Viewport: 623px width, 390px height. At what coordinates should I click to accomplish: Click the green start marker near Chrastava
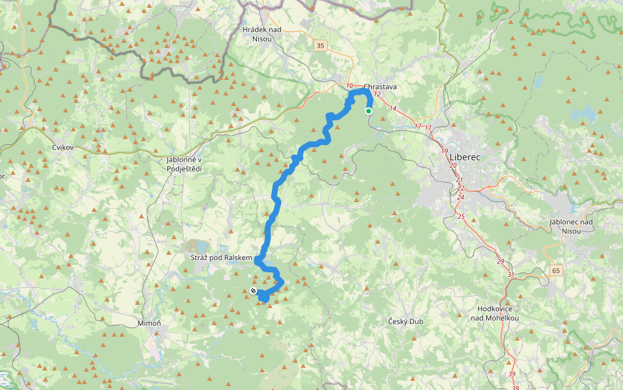point(369,111)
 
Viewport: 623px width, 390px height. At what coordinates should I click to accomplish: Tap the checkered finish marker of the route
point(252,291)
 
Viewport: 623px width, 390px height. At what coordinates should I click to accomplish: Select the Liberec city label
point(463,157)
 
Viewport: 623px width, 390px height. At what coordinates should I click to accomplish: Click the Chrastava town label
point(380,86)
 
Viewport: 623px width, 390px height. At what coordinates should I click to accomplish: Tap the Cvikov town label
point(64,148)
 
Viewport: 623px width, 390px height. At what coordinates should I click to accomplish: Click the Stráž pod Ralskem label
point(221,259)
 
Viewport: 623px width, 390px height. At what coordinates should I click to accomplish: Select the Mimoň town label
point(149,323)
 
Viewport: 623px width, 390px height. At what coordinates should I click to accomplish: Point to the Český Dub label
point(406,322)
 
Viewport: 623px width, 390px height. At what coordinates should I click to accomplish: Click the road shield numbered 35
point(320,45)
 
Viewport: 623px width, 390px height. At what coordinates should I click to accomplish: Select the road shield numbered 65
point(556,270)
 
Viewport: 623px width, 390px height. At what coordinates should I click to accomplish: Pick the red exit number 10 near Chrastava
point(350,86)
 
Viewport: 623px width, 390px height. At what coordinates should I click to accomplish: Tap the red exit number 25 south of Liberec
point(461,216)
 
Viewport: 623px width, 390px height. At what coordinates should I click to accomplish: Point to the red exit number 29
point(500,261)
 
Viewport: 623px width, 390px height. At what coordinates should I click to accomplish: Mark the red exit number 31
point(511,274)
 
